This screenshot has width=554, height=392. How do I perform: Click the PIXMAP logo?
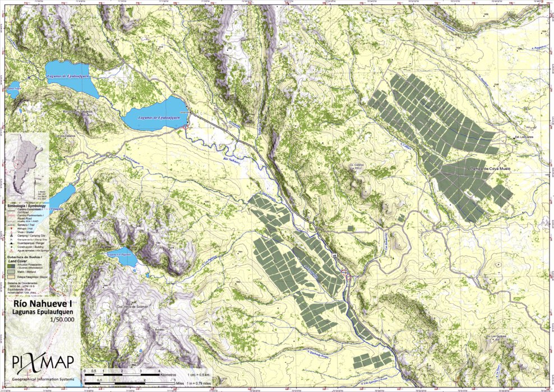[x=37, y=357]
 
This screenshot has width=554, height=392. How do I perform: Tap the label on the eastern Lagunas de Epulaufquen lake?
[x=158, y=118]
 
